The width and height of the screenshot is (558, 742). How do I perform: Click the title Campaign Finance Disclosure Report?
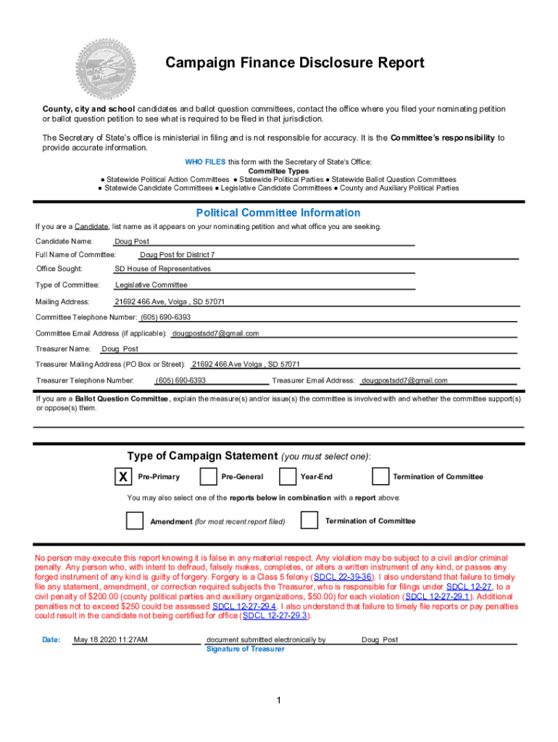click(295, 63)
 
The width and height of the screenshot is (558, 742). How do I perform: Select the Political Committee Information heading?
click(278, 213)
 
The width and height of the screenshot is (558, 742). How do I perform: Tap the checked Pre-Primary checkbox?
click(124, 477)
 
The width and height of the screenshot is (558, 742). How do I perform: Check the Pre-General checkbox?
click(208, 477)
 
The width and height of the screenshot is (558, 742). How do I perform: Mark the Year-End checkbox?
click(288, 477)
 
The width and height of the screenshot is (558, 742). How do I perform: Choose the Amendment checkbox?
click(135, 521)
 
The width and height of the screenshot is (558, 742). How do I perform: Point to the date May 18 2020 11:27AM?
click(111, 640)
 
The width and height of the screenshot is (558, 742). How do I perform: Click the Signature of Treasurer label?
click(245, 649)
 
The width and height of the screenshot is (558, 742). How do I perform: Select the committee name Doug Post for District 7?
click(178, 255)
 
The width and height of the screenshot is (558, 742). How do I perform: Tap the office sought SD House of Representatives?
click(163, 269)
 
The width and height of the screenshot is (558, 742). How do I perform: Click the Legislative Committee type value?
click(151, 285)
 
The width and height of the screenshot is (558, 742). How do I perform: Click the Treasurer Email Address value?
click(404, 380)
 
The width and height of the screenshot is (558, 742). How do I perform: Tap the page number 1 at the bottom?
click(278, 700)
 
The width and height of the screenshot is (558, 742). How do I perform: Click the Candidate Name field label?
click(64, 241)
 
